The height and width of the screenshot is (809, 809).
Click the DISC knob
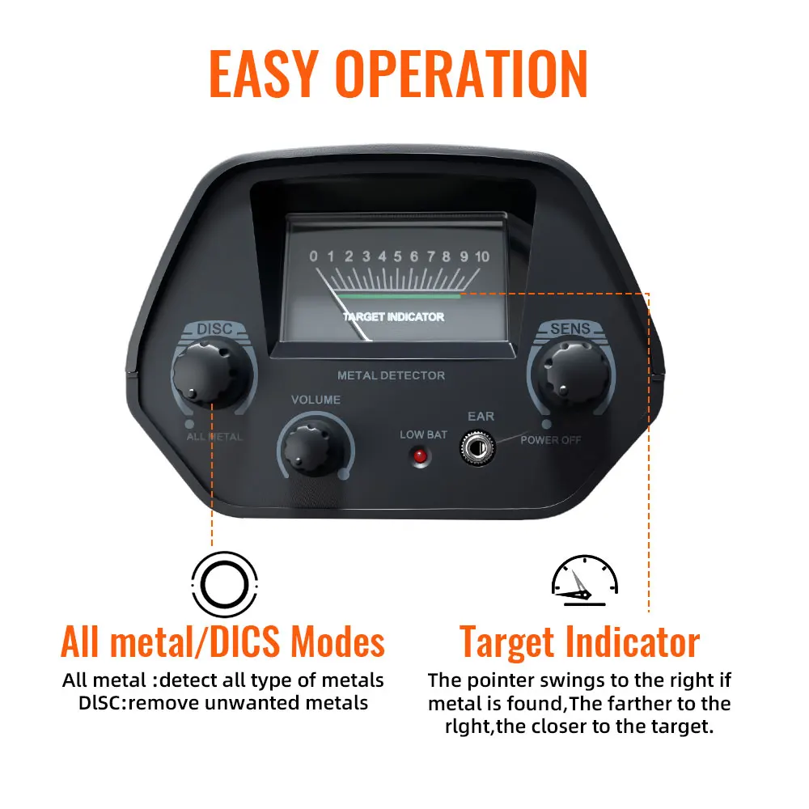pyautogui.click(x=208, y=372)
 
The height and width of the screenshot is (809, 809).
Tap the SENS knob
pyautogui.click(x=573, y=372)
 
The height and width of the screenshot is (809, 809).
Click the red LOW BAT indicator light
pyautogui.click(x=421, y=456)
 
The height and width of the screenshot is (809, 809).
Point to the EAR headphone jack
pyautogui.click(x=478, y=447)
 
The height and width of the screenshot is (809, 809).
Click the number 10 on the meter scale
pyautogui.click(x=482, y=256)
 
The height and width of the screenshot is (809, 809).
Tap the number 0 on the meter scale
pyautogui.click(x=313, y=256)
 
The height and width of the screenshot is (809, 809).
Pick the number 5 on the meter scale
pyautogui.click(x=398, y=256)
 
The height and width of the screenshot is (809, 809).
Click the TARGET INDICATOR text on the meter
pyautogui.click(x=393, y=317)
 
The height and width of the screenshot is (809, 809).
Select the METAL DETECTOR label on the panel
pyautogui.click(x=391, y=375)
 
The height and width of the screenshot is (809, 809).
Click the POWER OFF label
pyautogui.click(x=550, y=440)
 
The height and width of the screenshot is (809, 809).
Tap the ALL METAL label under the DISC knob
pyautogui.click(x=214, y=437)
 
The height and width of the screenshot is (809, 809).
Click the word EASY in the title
pyautogui.click(x=263, y=74)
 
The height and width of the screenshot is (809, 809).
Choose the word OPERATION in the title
pyautogui.click(x=462, y=74)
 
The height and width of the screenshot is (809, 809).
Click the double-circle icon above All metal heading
pyautogui.click(x=224, y=585)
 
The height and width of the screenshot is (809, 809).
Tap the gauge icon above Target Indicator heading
pyautogui.click(x=585, y=580)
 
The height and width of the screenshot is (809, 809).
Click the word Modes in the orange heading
pyautogui.click(x=338, y=642)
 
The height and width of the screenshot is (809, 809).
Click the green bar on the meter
pyautogui.click(x=398, y=296)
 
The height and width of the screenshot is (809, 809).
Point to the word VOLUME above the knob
pyautogui.click(x=316, y=400)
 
